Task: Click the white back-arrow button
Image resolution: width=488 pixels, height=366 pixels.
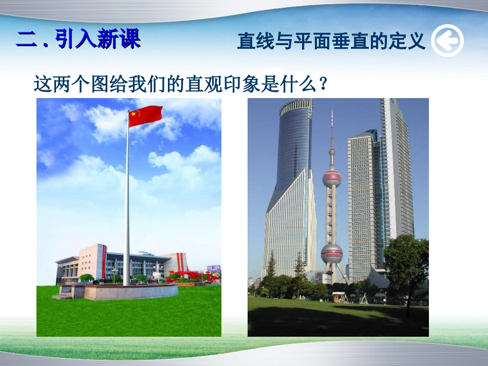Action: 447,41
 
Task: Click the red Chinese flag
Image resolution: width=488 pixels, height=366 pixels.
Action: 145,116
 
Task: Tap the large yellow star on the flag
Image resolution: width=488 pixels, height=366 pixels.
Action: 134,114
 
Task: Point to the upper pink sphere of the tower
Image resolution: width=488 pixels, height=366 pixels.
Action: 332,178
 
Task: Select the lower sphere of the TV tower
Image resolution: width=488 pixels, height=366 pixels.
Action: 332,254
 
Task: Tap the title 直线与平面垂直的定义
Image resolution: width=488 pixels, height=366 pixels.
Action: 331,41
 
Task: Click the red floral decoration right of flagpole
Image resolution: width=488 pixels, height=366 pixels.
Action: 187,276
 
